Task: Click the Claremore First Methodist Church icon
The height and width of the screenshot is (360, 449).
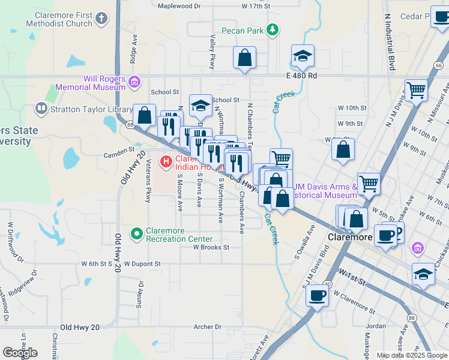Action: [x=102, y=18]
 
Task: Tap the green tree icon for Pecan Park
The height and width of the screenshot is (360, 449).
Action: [x=273, y=29]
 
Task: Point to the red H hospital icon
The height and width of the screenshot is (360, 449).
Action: [x=166, y=161]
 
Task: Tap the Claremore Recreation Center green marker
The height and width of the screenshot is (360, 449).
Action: [x=137, y=232]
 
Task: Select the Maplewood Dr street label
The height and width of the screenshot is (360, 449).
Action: [x=179, y=6]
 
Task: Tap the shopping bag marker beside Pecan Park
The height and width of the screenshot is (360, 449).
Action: [x=244, y=58]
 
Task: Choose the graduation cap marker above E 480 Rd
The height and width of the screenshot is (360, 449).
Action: [x=303, y=56]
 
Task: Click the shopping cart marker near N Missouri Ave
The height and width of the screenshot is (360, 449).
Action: [x=416, y=91]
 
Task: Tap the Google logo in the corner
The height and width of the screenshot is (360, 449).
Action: [x=20, y=353]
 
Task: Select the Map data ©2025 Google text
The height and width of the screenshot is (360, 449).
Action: [x=412, y=355]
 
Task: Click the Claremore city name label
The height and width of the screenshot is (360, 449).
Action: [x=351, y=238]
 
